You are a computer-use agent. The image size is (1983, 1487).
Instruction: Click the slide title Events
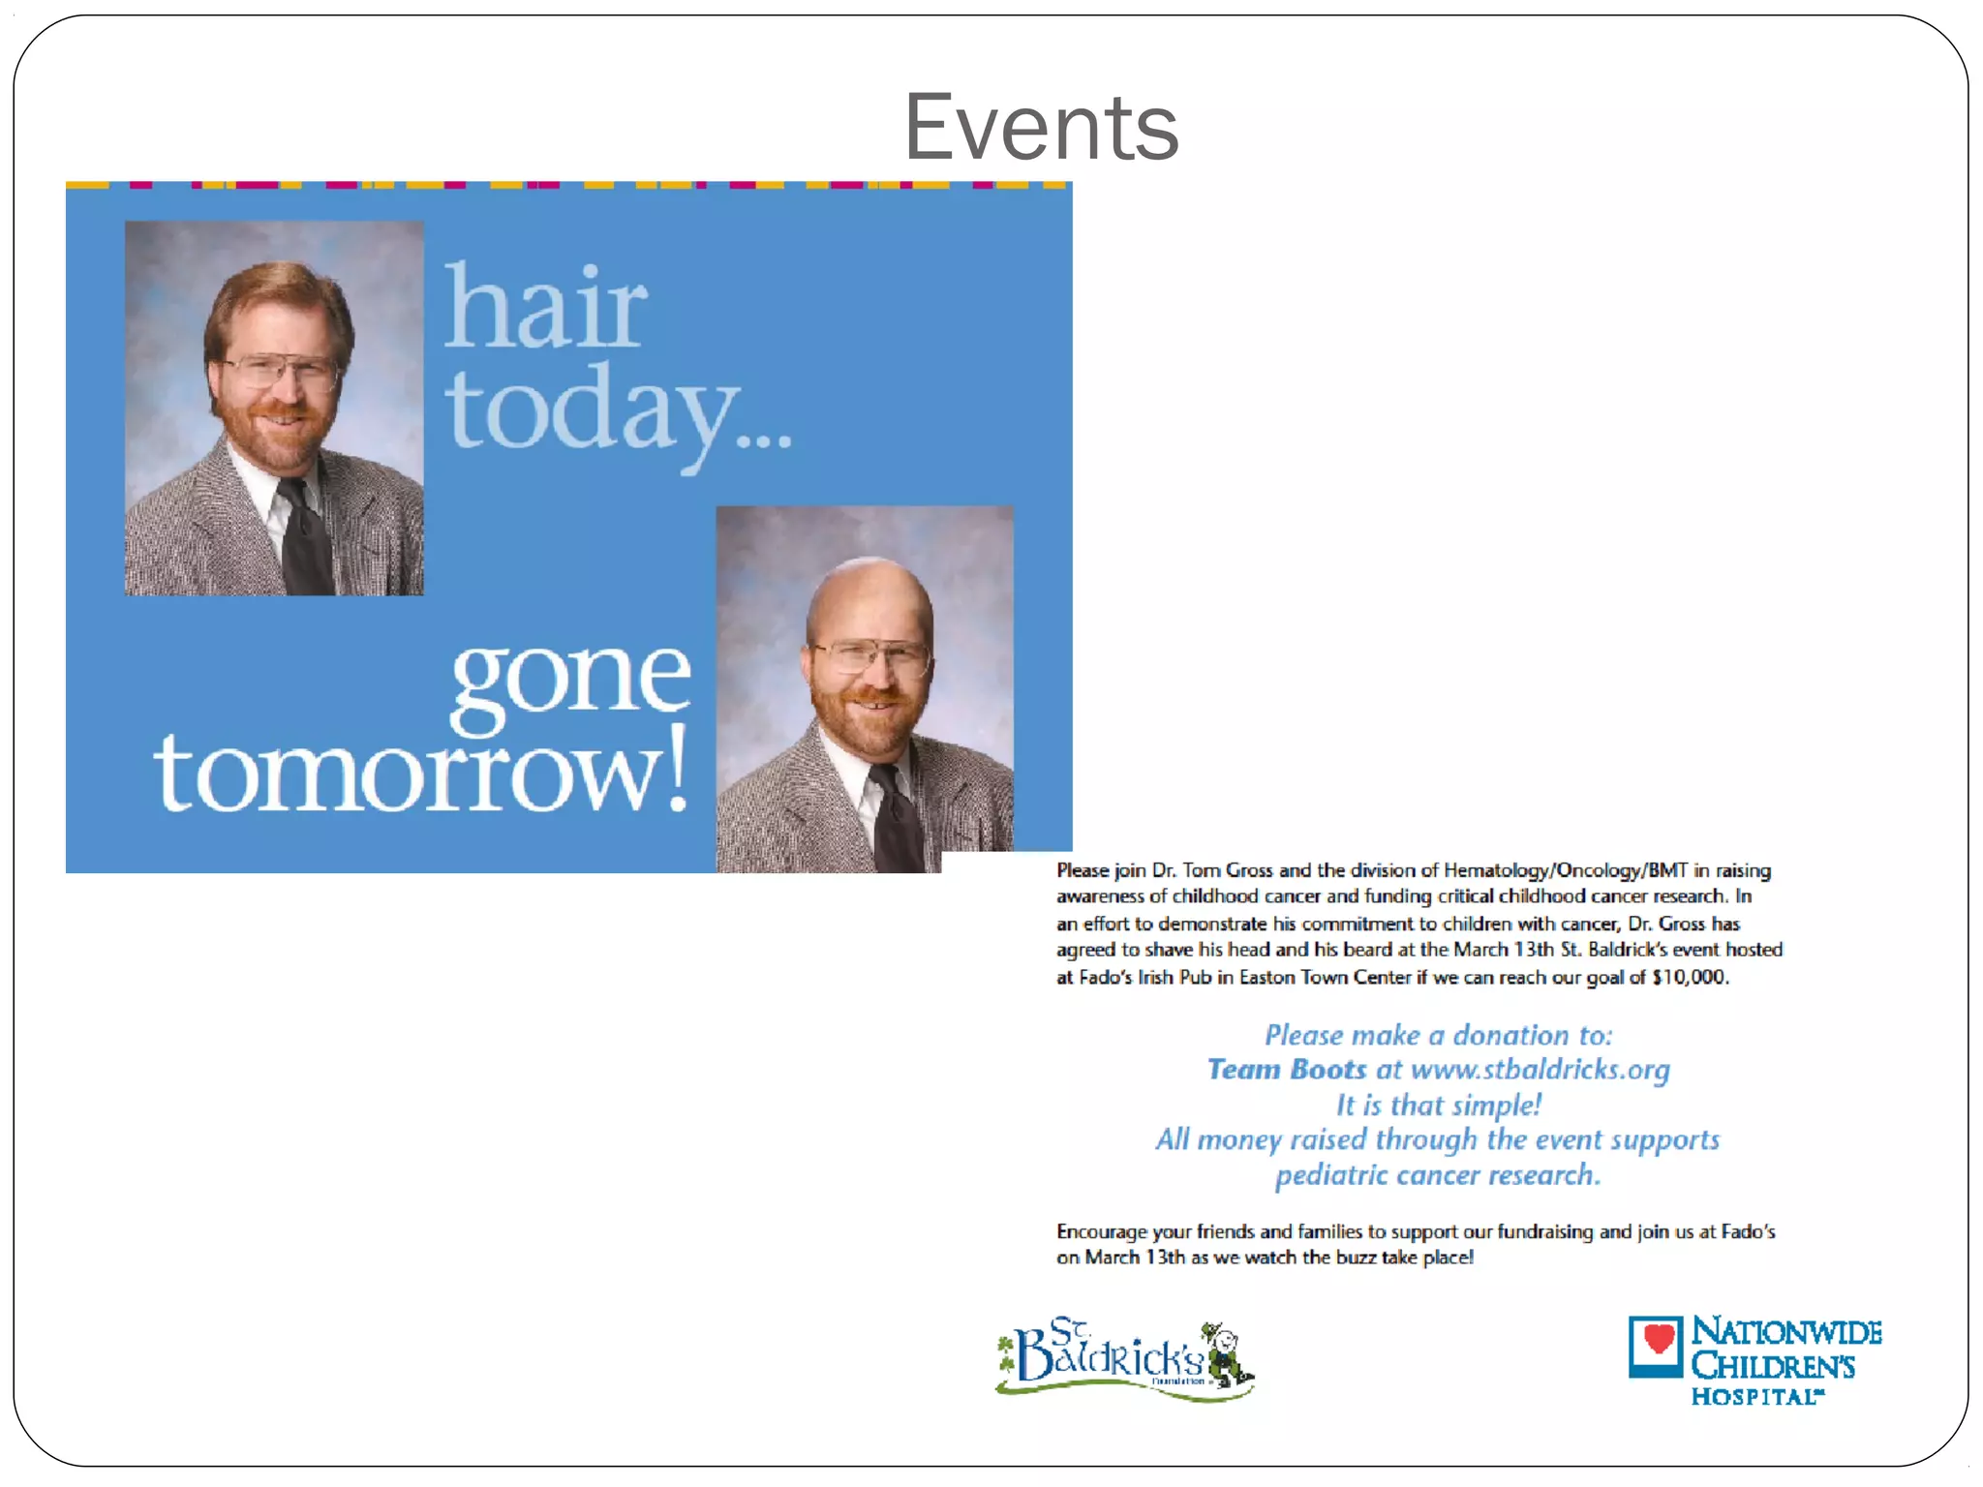1041,128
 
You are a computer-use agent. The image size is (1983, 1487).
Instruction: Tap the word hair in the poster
545,307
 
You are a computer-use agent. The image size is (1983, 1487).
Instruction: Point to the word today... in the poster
618,410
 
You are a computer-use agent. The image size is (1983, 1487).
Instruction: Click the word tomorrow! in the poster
422,772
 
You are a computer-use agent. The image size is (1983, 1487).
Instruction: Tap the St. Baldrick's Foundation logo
1123,1359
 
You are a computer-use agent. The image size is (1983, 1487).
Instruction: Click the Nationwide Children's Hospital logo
1754,1359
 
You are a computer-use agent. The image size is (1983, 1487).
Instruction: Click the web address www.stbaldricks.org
1540,1070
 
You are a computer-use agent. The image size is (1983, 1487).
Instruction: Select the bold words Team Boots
1286,1070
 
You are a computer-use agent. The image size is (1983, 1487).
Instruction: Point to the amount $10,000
1690,978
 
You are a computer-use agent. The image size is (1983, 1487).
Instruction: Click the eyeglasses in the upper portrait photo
281,370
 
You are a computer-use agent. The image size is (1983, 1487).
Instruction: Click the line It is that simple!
1439,1106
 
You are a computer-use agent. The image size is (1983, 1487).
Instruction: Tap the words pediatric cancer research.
1437,1175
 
